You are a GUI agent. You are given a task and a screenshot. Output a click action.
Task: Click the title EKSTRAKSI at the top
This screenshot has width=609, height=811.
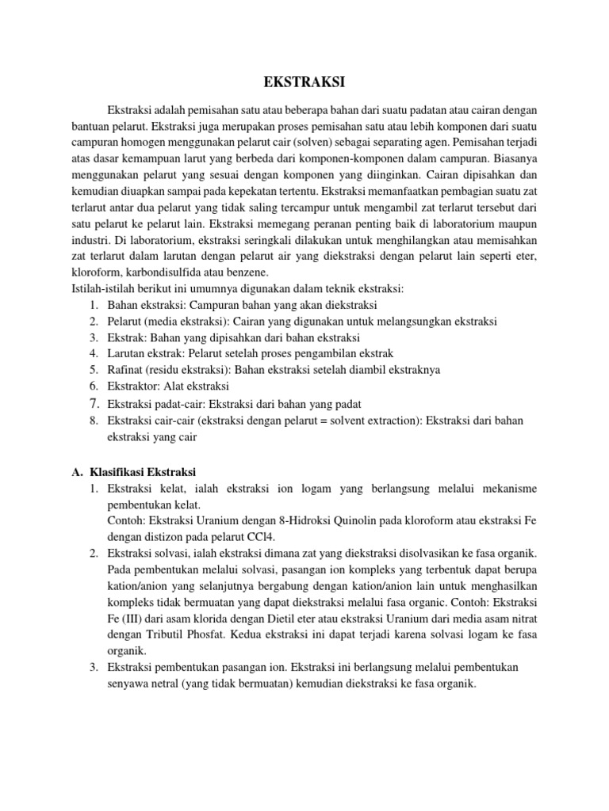[x=304, y=82]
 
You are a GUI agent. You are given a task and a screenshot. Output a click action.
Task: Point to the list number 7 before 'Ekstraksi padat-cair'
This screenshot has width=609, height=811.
[x=93, y=403]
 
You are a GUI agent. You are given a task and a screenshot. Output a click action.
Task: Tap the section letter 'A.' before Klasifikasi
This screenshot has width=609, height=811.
[x=77, y=472]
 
